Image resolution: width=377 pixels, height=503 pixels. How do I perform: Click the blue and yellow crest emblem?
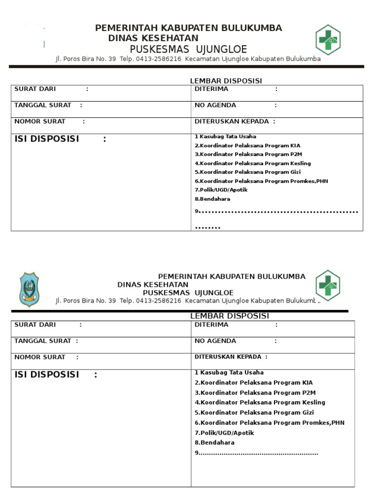coord(29,290)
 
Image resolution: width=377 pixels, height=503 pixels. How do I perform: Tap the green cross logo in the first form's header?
coord(328,39)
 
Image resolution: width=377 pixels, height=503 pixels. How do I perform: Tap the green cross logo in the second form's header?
coord(327,284)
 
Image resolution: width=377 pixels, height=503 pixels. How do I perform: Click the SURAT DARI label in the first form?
coord(35,89)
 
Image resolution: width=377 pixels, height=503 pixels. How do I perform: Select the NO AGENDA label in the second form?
coord(215,341)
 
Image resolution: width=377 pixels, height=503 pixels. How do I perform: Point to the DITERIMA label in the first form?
coord(212,89)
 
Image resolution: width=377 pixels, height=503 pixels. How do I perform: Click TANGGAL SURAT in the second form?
coord(43,341)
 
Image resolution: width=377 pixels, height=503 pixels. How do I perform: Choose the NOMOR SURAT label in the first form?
coord(40,121)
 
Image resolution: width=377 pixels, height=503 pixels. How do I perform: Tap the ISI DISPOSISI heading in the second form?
coord(47,375)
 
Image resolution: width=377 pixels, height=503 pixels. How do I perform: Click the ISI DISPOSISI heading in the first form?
coord(47,139)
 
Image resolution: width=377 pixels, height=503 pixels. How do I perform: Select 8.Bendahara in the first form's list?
coord(213,199)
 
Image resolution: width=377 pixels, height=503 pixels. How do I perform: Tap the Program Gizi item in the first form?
coord(247,172)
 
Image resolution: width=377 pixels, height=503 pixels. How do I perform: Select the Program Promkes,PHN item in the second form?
coord(269,422)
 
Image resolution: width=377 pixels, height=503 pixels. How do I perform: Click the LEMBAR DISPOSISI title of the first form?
coord(226,81)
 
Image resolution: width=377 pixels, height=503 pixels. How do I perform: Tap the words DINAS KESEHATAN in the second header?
coord(153,284)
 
